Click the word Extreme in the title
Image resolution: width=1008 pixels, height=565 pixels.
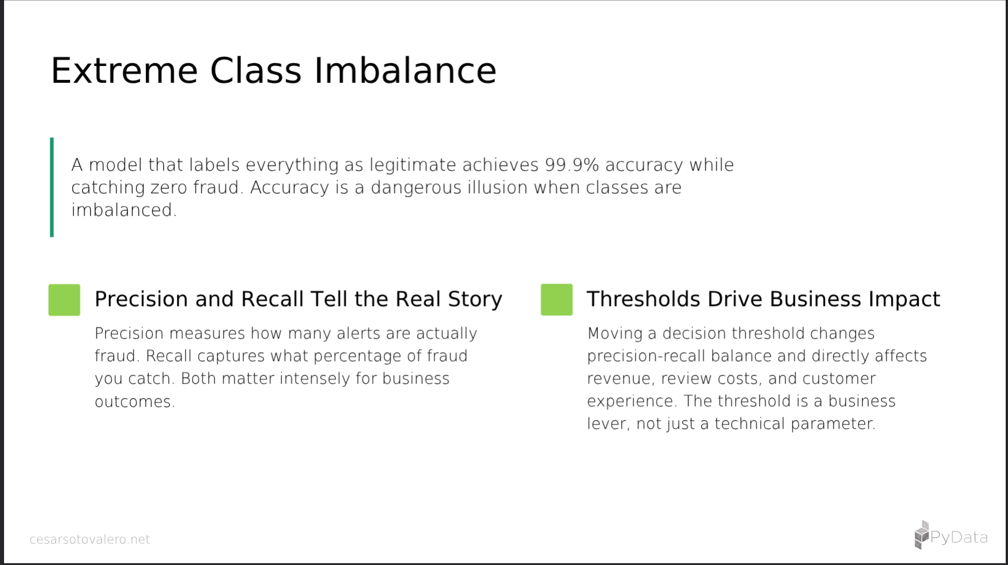click(124, 71)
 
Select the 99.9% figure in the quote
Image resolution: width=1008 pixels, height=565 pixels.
click(571, 165)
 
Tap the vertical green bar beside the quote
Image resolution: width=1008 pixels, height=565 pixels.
click(52, 187)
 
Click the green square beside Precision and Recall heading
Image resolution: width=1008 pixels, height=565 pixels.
click(64, 300)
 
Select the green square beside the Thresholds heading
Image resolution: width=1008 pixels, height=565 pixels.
click(556, 300)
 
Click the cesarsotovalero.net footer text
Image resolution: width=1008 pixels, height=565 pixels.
click(90, 540)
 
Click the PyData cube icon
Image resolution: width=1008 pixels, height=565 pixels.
click(922, 535)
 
